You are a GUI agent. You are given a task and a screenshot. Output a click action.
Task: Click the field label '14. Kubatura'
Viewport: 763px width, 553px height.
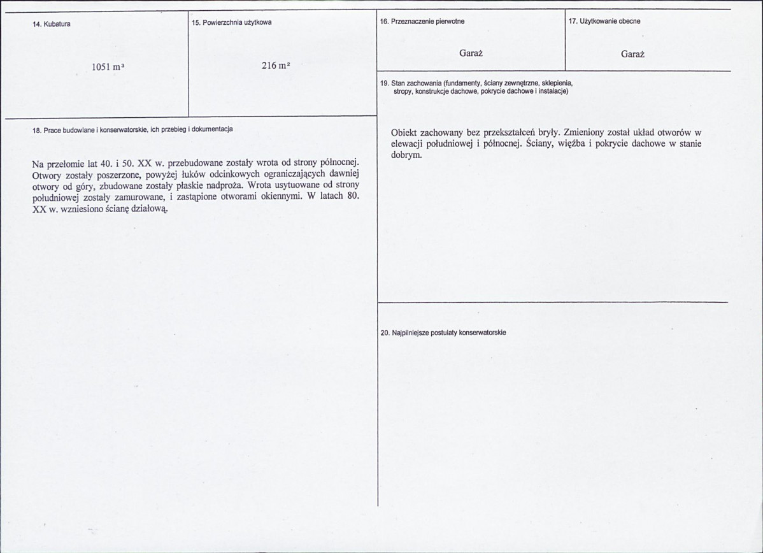(x=51, y=24)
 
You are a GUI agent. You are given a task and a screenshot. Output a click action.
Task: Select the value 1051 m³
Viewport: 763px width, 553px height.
(x=106, y=67)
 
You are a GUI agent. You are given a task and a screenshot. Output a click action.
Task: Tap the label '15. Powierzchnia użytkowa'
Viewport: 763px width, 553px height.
(x=232, y=22)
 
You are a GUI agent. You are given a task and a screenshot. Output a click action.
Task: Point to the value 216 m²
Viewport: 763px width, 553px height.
(x=276, y=65)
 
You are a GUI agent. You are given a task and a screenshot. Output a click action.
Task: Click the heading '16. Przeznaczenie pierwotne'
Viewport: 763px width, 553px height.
(x=422, y=21)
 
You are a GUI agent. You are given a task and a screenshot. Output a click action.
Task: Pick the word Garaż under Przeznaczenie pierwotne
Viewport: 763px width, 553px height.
(x=471, y=54)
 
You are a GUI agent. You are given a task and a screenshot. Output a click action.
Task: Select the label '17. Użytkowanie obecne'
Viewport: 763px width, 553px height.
(x=604, y=21)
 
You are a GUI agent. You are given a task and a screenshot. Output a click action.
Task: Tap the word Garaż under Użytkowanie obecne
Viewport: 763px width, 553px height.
(x=632, y=55)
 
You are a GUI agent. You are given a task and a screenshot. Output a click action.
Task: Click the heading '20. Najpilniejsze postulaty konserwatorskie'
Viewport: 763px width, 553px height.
(x=443, y=333)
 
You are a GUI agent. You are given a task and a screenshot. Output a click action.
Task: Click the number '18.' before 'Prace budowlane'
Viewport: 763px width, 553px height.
(x=36, y=129)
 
